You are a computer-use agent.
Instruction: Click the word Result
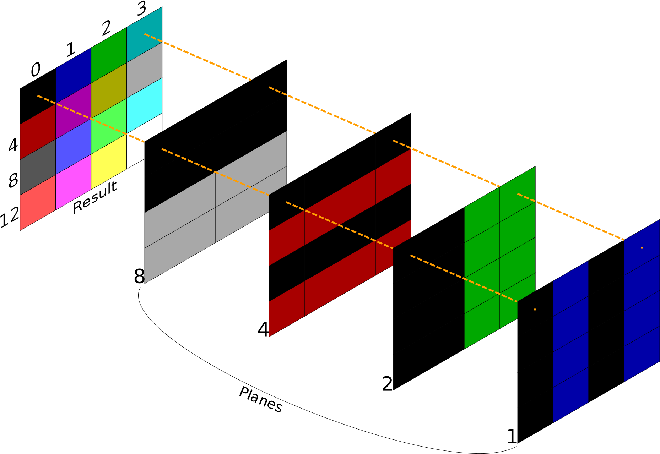coord(95,197)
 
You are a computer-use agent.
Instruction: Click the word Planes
coord(261,400)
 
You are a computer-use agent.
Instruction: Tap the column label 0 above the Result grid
coord(36,70)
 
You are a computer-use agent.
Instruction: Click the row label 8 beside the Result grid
coord(13,181)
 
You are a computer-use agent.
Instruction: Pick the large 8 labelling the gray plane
coord(139,276)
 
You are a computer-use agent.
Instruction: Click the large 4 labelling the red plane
coord(263,329)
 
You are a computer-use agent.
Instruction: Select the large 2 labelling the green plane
coord(387,383)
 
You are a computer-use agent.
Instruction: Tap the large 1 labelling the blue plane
coord(512,436)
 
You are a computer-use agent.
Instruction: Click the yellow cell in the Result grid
coord(109,162)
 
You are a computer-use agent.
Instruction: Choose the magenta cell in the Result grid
coord(74,182)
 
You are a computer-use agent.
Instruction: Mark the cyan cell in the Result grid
coord(145,105)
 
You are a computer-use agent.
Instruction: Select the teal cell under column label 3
coord(145,34)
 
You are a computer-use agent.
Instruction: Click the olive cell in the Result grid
coord(109,91)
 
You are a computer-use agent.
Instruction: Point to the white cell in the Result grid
coord(145,141)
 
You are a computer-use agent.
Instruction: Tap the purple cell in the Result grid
coord(74,111)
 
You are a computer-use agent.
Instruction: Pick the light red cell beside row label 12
coord(38,203)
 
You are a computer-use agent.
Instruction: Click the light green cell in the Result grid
coord(109,126)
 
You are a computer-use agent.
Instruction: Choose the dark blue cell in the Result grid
coord(74,76)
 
